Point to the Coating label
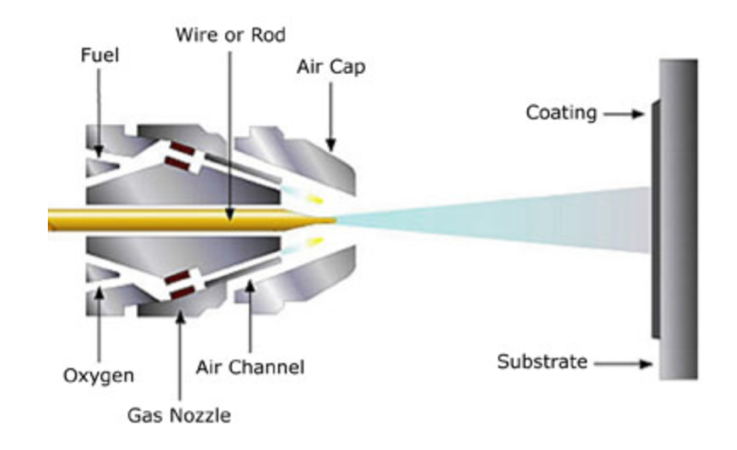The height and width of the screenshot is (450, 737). coord(557,113)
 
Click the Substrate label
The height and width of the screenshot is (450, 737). coord(542,361)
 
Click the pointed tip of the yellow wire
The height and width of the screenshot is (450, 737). coord(332,219)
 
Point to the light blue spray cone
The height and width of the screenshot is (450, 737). coord(498,219)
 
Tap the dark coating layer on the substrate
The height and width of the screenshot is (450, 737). coord(653,219)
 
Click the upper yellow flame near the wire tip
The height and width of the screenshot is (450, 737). coord(317,197)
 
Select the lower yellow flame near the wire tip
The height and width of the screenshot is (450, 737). coord(317,241)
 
